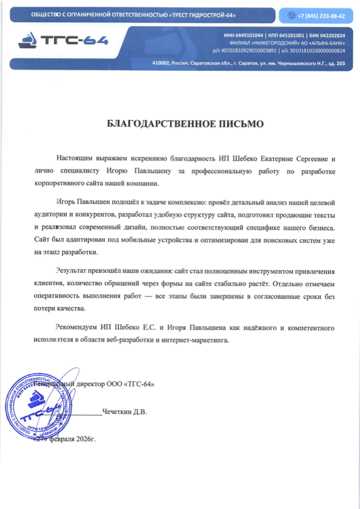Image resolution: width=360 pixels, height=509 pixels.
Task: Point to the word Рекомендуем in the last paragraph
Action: (x=75, y=327)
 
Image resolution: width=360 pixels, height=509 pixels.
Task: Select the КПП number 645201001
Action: (x=290, y=36)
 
